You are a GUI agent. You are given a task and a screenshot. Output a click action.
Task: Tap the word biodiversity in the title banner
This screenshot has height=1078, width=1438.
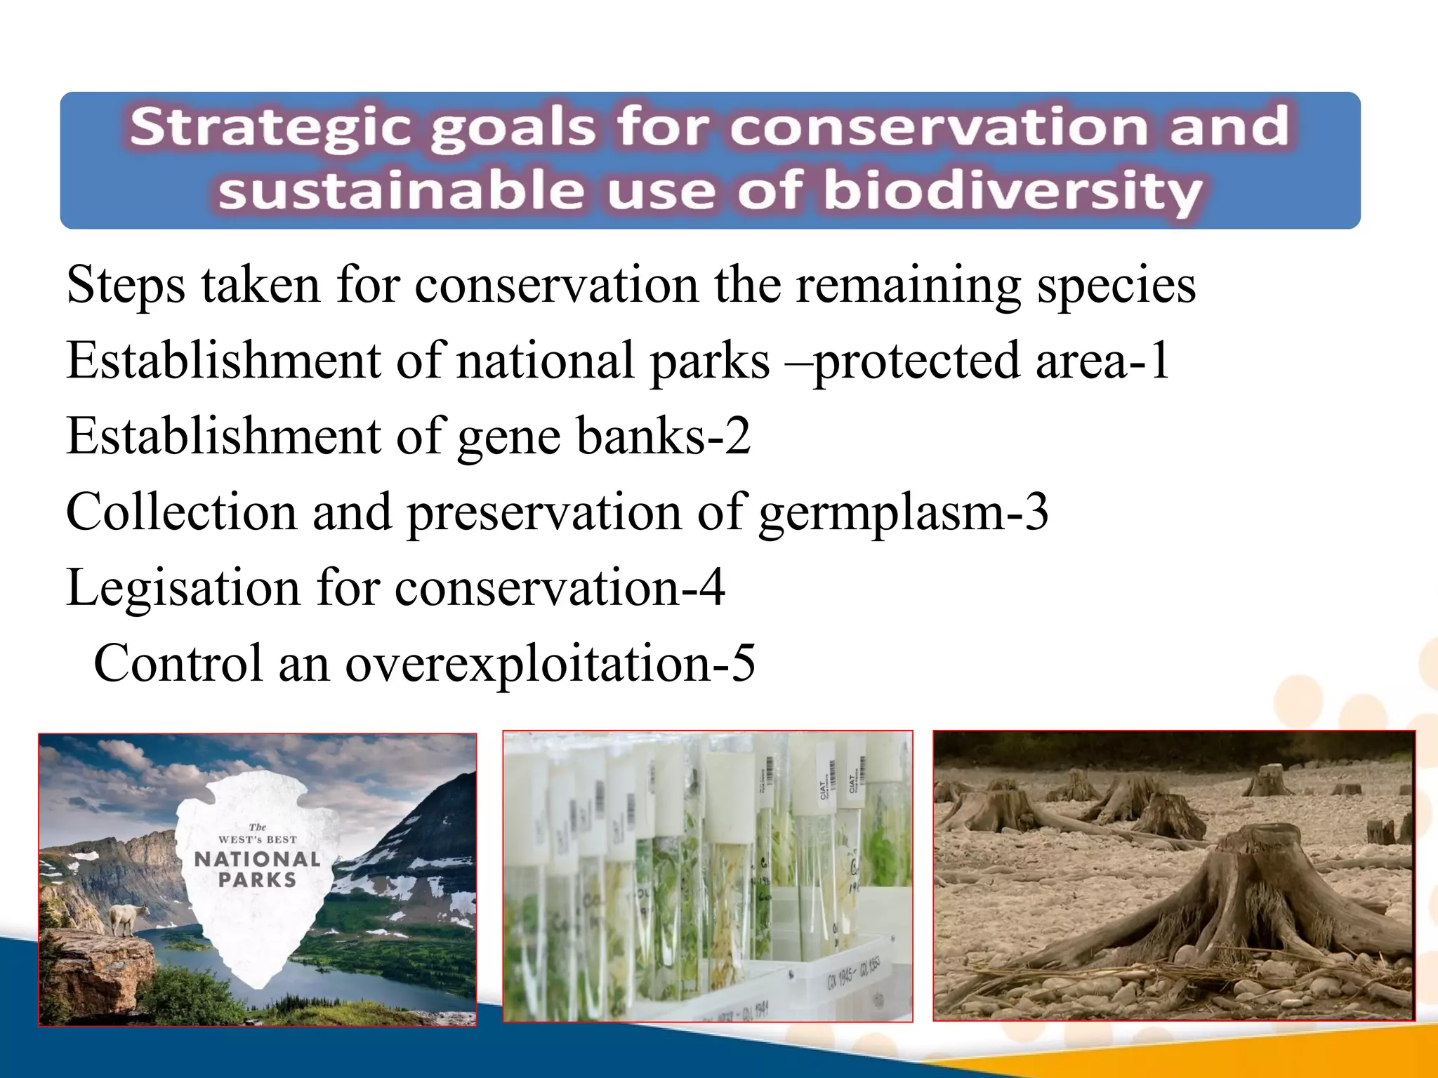[1012, 192]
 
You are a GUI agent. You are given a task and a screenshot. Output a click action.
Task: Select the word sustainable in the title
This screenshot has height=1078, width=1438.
[401, 192]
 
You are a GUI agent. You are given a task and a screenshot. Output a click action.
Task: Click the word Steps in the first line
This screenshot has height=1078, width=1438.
[126, 285]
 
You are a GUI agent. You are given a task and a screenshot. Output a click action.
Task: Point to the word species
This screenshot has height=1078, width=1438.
[1116, 285]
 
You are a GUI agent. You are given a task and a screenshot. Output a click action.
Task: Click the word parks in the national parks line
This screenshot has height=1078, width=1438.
[709, 361]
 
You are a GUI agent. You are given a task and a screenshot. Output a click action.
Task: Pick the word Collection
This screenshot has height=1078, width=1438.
[180, 512]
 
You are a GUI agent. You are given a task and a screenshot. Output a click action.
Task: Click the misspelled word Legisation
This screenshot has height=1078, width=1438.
[183, 587]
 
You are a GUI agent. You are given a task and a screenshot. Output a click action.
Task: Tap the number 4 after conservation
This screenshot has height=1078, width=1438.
[712, 587]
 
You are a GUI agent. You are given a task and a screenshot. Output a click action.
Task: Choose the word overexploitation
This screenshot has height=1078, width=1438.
[527, 663]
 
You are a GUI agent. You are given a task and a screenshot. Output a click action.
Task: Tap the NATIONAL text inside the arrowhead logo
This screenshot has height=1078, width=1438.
[257, 859]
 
